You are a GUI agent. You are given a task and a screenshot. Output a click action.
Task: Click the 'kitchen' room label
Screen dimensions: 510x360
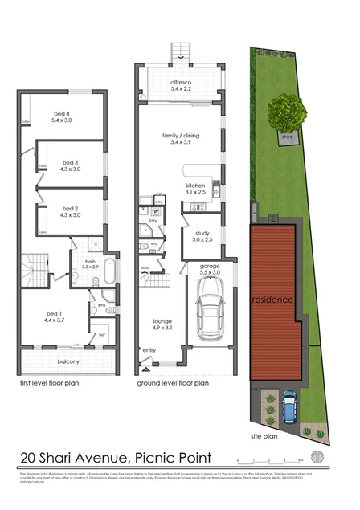(x=196, y=189)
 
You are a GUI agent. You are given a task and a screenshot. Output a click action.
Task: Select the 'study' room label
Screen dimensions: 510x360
(x=202, y=235)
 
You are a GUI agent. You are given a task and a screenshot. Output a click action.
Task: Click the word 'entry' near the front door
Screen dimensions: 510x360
(x=149, y=350)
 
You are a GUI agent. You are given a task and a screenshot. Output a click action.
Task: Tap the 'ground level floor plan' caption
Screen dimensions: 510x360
(x=173, y=383)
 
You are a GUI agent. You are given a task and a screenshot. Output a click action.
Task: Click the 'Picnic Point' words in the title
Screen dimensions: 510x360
(x=173, y=458)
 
